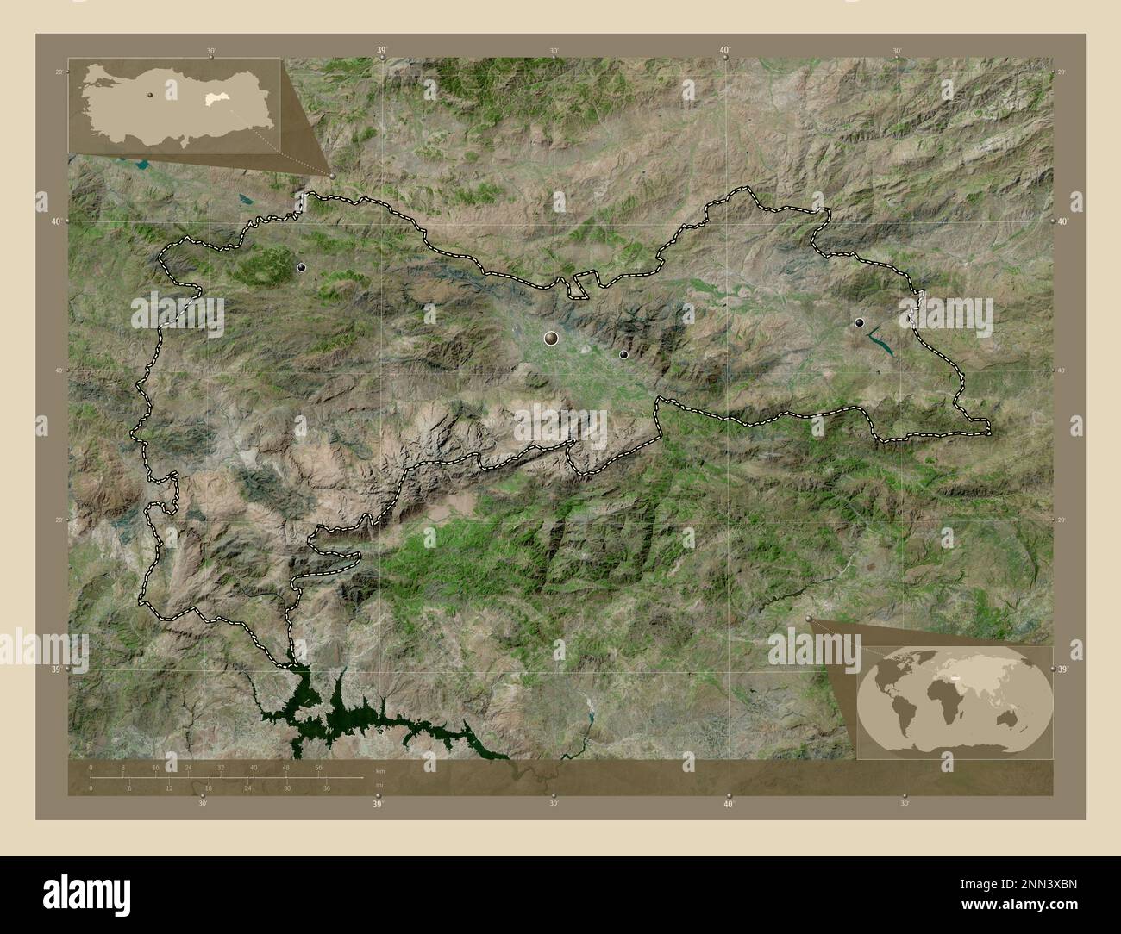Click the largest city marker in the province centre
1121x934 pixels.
[551, 339]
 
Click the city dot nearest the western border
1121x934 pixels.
[301, 268]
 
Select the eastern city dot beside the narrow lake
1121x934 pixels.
[859, 322]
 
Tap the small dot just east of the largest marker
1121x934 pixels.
[623, 354]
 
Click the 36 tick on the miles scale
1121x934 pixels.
[326, 788]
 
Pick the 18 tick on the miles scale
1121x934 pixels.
[209, 788]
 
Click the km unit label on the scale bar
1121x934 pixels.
[379, 769]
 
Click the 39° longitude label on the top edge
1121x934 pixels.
[381, 52]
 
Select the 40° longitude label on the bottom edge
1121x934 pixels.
[729, 805]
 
